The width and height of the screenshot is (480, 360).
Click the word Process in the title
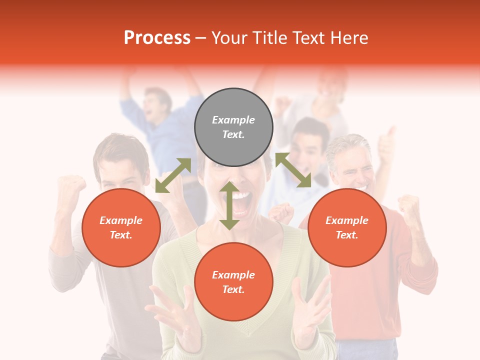click(157, 38)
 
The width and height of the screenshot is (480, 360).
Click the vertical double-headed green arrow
click(229, 205)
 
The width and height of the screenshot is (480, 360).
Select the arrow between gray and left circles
click(173, 175)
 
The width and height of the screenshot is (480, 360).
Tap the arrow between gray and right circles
click(293, 170)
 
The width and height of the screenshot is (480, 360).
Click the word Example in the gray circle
click(233, 120)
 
